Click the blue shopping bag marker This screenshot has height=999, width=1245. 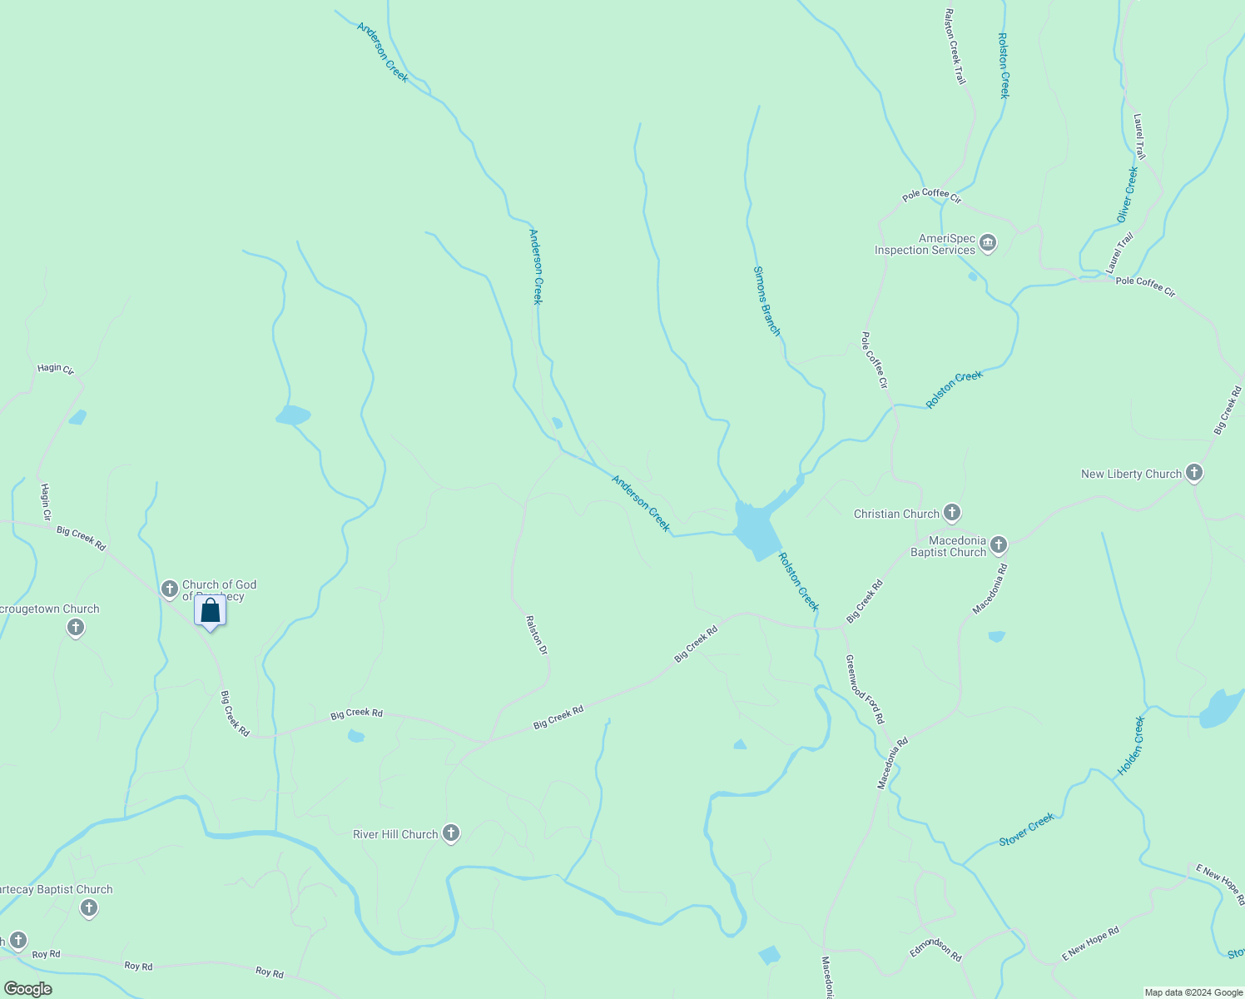click(211, 611)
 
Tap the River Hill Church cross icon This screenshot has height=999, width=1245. click(451, 833)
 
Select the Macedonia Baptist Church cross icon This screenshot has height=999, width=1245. click(999, 545)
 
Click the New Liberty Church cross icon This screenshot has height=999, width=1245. click(1194, 474)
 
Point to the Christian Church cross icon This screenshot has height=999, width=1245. click(952, 513)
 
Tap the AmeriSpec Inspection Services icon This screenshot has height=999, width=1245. click(988, 244)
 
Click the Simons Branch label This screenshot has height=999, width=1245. click(766, 301)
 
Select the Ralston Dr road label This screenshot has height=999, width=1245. click(537, 634)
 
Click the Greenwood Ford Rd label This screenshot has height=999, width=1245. click(865, 689)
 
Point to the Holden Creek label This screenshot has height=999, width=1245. click(1131, 746)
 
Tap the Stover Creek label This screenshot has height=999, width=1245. click(1027, 830)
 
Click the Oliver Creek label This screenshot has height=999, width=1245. click(1127, 195)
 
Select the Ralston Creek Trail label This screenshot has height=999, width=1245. click(955, 47)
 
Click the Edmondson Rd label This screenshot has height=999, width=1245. click(935, 949)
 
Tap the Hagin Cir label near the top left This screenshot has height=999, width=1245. click(56, 369)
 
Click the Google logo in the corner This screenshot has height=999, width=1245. click(28, 989)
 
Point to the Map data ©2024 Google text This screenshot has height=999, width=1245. click(1193, 992)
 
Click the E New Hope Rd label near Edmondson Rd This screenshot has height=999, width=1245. click(1090, 944)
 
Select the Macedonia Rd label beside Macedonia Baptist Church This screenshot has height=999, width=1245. click(990, 589)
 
